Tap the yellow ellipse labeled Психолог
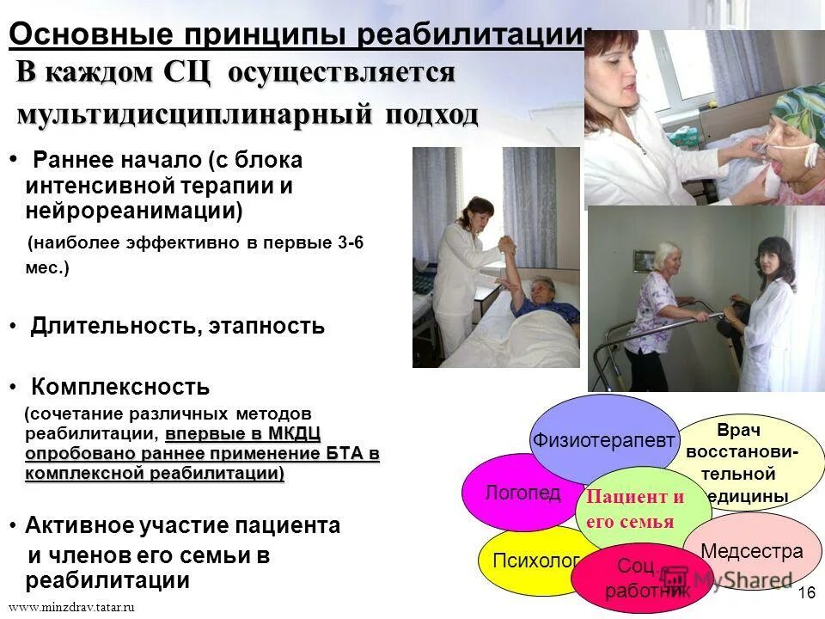(x=524, y=561)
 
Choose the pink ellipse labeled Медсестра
(x=752, y=551)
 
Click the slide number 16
(x=806, y=592)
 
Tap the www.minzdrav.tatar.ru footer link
(x=72, y=607)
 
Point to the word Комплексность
(x=120, y=386)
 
